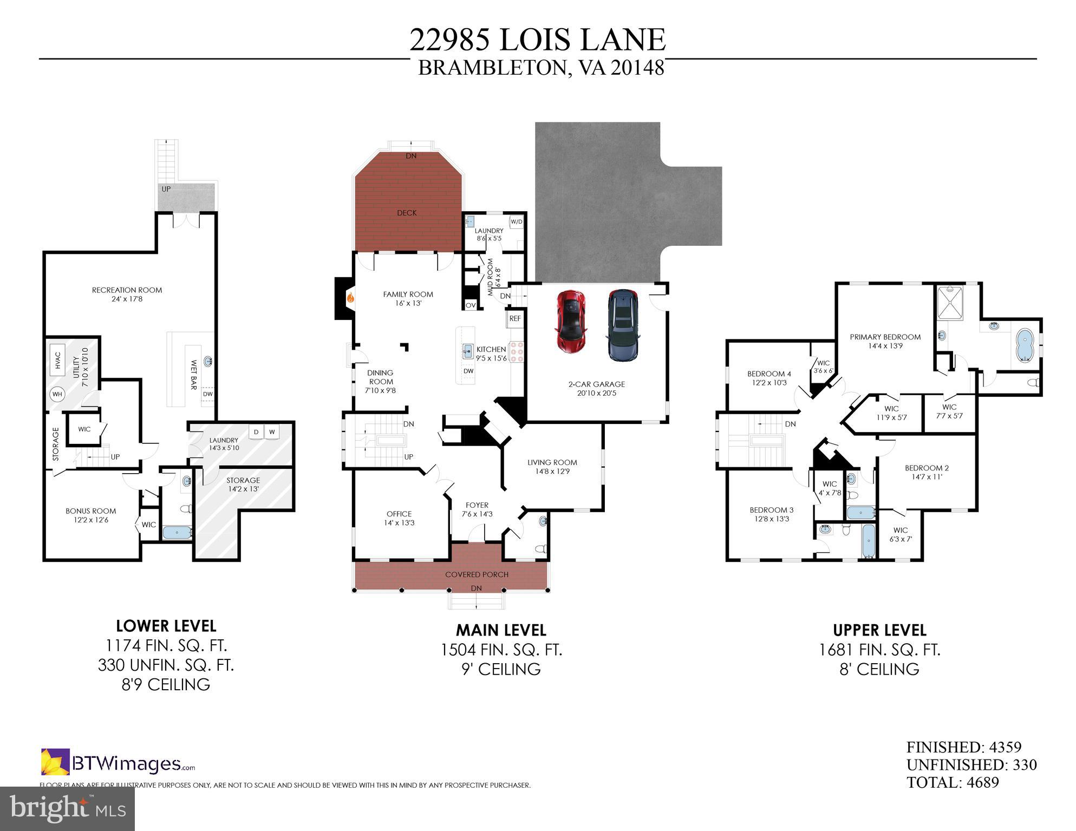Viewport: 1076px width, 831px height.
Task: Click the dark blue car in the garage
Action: [x=623, y=324]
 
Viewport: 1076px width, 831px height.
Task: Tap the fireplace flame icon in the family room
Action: [x=350, y=297]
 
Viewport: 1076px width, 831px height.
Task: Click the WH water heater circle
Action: [x=57, y=394]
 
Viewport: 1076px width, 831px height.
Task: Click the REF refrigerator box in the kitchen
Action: [x=515, y=318]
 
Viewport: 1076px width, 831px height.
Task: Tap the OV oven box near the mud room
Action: [x=471, y=305]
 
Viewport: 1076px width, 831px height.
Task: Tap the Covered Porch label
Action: [x=477, y=574]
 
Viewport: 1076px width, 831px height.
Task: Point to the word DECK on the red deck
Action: [x=407, y=213]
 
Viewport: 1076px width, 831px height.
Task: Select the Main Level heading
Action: [x=501, y=630]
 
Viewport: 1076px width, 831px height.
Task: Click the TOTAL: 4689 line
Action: [x=953, y=782]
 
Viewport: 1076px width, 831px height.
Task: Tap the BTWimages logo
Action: [x=118, y=763]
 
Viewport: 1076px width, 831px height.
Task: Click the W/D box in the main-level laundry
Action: [x=517, y=222]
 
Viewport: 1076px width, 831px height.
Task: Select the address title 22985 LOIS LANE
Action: [x=537, y=40]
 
